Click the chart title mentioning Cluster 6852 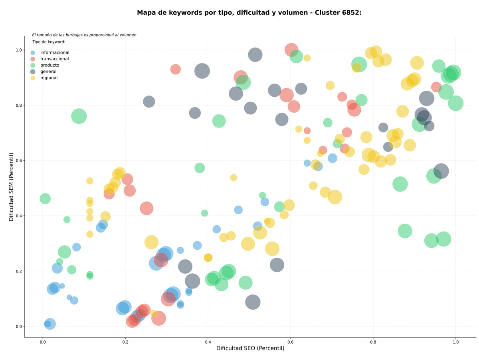pos(249,13)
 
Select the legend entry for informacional pos(50,52)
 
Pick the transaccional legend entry pos(50,59)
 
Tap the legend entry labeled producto pos(45,65)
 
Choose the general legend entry pos(44,72)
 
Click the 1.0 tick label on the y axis pos(19,50)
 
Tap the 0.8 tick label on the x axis pos(372,342)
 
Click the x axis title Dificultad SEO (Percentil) pos(250,348)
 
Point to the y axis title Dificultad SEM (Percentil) pos(11,187)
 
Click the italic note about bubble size pos(84,35)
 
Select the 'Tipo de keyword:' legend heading pos(49,42)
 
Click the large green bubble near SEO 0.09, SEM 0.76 pos(79,116)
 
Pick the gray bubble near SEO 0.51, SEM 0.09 pos(253,302)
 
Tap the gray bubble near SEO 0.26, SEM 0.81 pos(149,101)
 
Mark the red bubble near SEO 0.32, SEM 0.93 pos(175,69)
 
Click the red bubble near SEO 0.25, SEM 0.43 pos(146,208)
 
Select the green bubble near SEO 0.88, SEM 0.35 pos(405,231)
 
